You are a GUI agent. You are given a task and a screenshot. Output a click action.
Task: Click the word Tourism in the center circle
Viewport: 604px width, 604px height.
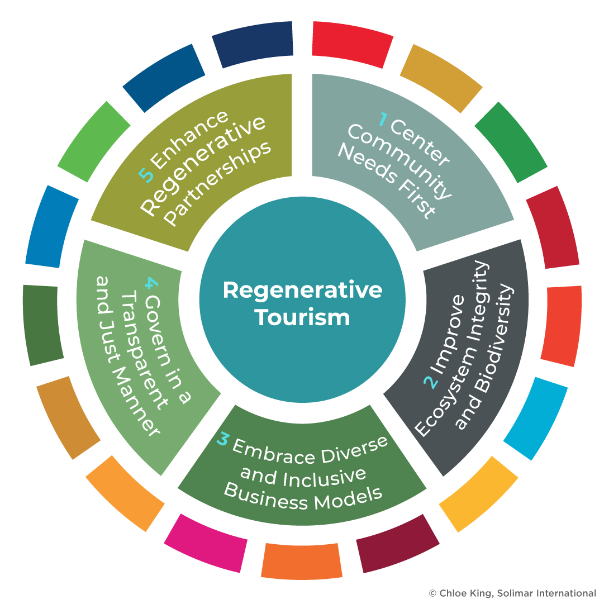click(x=302, y=317)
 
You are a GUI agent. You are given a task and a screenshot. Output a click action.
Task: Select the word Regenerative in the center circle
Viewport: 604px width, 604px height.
click(x=302, y=291)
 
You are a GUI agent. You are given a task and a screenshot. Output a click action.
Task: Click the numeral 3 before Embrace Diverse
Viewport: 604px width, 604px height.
click(x=223, y=440)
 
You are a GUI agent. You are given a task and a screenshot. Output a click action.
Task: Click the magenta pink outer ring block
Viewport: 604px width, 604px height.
click(x=206, y=543)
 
